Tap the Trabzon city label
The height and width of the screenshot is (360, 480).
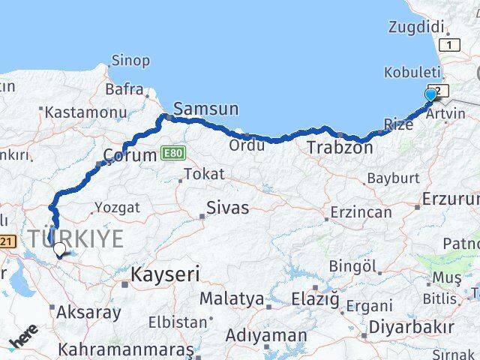pyautogui.click(x=340, y=148)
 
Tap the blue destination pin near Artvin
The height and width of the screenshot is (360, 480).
pyautogui.click(x=430, y=95)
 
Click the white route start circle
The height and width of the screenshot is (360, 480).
pyautogui.click(x=59, y=249)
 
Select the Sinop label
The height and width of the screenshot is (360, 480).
pyautogui.click(x=130, y=60)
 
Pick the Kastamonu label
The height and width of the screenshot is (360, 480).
pyautogui.click(x=85, y=112)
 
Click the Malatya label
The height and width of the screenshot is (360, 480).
pyautogui.click(x=232, y=299)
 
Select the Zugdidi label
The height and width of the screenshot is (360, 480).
pyautogui.click(x=417, y=27)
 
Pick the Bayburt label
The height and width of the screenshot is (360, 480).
pyautogui.click(x=392, y=179)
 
